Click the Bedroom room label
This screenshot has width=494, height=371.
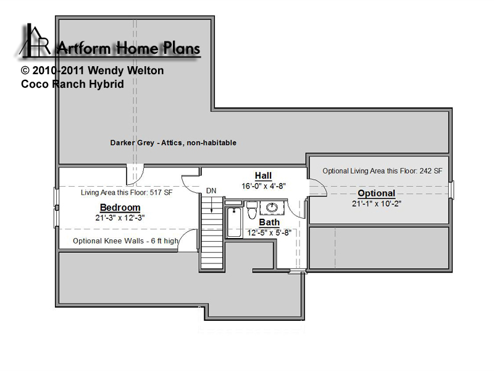(120, 208)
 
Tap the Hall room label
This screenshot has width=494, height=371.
(263, 176)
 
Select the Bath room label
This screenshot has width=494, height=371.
(269, 223)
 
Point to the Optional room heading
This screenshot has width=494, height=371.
(377, 194)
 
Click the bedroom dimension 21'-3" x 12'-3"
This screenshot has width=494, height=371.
(120, 218)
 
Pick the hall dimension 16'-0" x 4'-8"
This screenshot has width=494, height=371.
(264, 186)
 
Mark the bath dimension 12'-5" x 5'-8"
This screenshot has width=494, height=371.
(269, 233)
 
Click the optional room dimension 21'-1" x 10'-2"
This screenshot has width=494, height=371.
(377, 204)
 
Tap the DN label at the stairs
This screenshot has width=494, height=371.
(211, 190)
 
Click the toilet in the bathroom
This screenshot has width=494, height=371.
(252, 210)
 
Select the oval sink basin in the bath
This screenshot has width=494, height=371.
(272, 207)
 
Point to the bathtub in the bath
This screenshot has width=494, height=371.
(234, 222)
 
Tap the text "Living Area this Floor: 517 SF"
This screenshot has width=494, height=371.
(127, 192)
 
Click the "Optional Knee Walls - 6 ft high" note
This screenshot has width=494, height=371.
(126, 241)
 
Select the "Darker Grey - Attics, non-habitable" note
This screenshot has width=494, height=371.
(174, 143)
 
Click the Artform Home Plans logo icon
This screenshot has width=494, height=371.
(35, 41)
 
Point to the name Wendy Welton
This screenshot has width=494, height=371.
(126, 70)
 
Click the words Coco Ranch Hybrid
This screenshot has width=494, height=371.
(72, 84)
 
